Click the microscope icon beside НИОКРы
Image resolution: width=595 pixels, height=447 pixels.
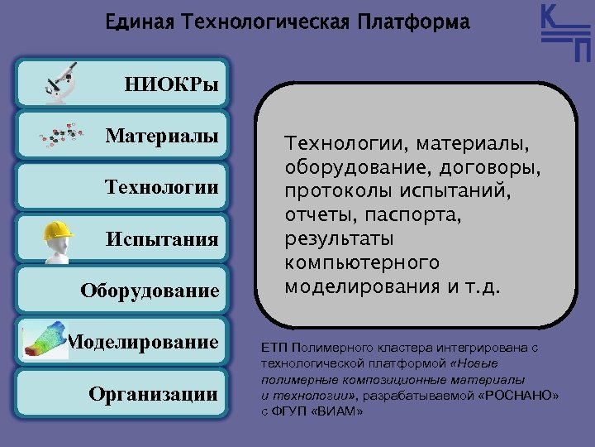tap(60, 82)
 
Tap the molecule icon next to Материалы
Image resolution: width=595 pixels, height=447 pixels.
tap(61, 134)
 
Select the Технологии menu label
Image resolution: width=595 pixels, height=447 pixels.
tap(162, 187)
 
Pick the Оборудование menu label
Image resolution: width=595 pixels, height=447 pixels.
tap(150, 291)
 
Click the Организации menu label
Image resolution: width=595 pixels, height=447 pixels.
tap(154, 394)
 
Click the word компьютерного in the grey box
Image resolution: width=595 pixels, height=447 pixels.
tap(361, 263)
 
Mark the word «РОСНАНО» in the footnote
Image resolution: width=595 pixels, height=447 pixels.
tap(519, 397)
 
